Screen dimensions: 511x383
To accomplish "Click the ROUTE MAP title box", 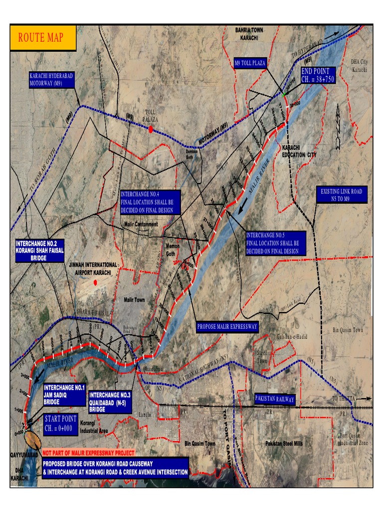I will pyautogui.click(x=43, y=38).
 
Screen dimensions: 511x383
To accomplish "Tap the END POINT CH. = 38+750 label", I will pyautogui.click(x=318, y=76).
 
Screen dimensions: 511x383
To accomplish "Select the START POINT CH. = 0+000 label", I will pyautogui.click(x=60, y=424).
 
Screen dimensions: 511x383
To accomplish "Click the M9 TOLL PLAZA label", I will pyautogui.click(x=250, y=63).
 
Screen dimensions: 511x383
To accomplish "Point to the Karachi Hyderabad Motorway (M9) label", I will pyautogui.click(x=51, y=79).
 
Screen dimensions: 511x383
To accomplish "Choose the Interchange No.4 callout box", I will pyautogui.click(x=148, y=202).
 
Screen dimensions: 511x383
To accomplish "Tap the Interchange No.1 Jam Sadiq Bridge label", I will pyautogui.click(x=64, y=394).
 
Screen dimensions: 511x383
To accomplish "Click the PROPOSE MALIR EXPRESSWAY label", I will pyautogui.click(x=227, y=327).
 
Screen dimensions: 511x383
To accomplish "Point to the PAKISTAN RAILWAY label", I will pyautogui.click(x=274, y=399).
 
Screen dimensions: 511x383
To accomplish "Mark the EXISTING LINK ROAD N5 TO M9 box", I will pyautogui.click(x=342, y=195).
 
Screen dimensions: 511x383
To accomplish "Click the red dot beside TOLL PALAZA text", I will pyautogui.click(x=151, y=129).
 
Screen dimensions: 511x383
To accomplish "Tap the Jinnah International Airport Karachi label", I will pyautogui.click(x=95, y=268).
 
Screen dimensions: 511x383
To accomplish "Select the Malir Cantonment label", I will pyautogui.click(x=141, y=224).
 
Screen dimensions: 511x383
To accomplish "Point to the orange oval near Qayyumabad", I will pyautogui.click(x=34, y=441).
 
